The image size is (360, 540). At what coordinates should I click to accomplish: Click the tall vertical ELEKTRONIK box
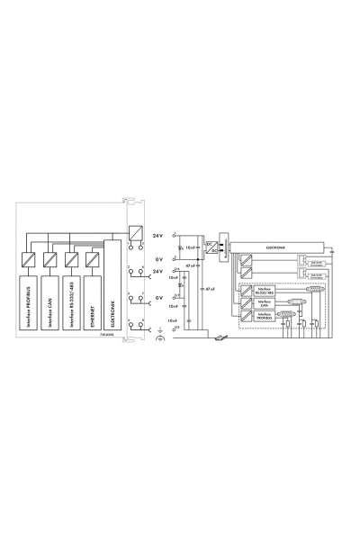point(112,292)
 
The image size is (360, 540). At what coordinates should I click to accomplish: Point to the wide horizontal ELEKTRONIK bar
point(280,245)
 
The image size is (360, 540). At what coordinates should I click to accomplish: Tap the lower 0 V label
point(157,297)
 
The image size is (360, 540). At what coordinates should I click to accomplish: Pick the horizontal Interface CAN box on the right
point(266,305)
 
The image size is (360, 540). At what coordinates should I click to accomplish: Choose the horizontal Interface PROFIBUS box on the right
point(267,318)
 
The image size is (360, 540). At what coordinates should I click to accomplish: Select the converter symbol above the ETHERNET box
point(93,260)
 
